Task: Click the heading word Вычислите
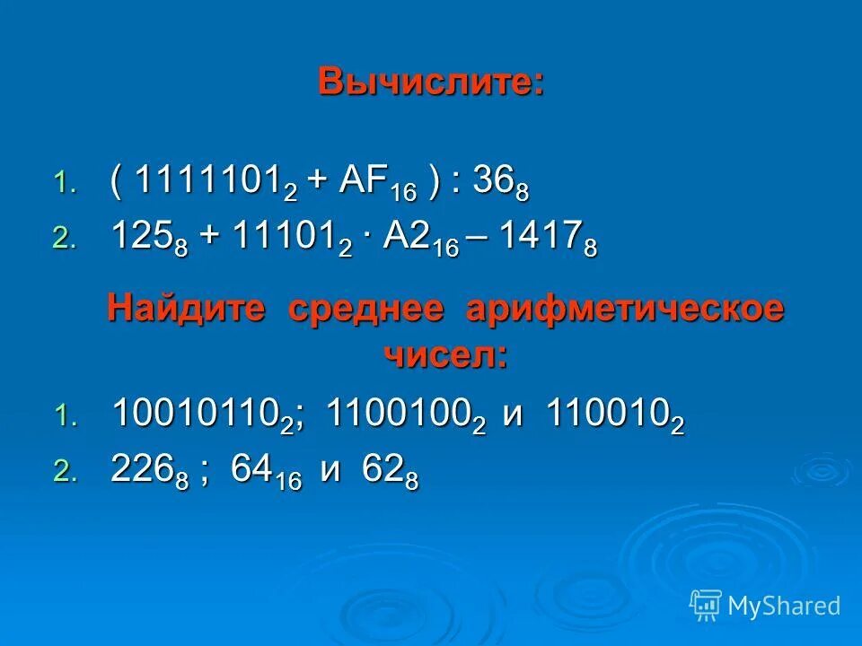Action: pyautogui.click(x=431, y=83)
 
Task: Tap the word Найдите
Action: pyautogui.click(x=187, y=309)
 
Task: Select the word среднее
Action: pyautogui.click(x=366, y=309)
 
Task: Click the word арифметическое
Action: pyautogui.click(x=625, y=309)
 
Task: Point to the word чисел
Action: pyautogui.click(x=446, y=355)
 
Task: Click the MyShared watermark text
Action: pyautogui.click(x=783, y=606)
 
